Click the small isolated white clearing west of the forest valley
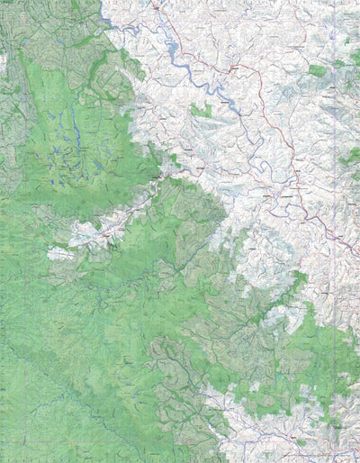coord(60,254)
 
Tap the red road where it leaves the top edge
coord(155,3)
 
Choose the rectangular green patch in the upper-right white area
coord(317,69)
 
